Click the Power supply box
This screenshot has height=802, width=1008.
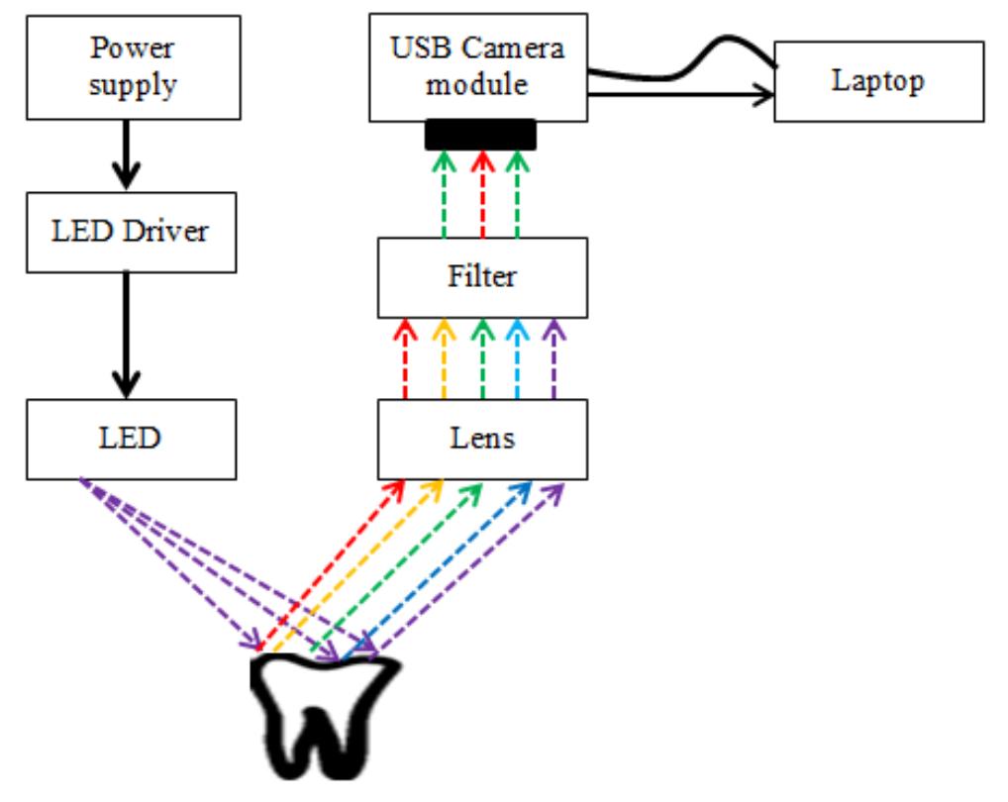point(133,66)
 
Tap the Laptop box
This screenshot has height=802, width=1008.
point(878,81)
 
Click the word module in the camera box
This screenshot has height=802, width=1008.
point(477,85)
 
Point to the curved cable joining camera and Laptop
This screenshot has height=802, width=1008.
point(683,59)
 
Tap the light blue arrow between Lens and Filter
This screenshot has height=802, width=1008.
point(518,359)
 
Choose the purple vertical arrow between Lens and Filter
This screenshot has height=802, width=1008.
point(554,359)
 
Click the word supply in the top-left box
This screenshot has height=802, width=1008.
point(133,85)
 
